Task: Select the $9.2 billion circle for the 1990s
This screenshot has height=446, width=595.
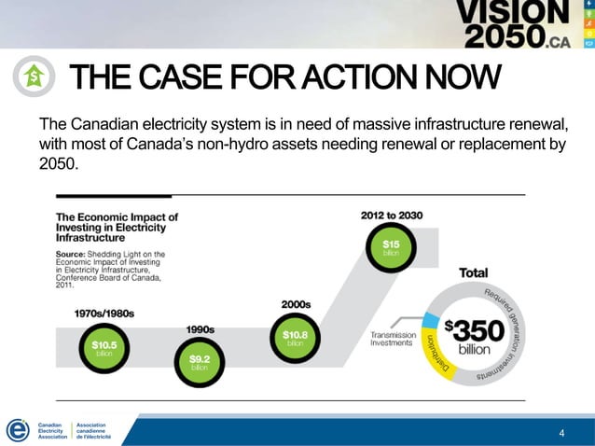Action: click(199, 361)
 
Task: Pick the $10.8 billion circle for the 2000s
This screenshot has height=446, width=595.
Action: click(295, 336)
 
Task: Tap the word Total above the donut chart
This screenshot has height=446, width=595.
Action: click(473, 273)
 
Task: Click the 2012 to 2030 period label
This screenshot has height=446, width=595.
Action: click(392, 215)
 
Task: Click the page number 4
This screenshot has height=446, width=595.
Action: click(560, 433)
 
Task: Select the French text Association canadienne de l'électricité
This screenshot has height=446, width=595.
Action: click(92, 430)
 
